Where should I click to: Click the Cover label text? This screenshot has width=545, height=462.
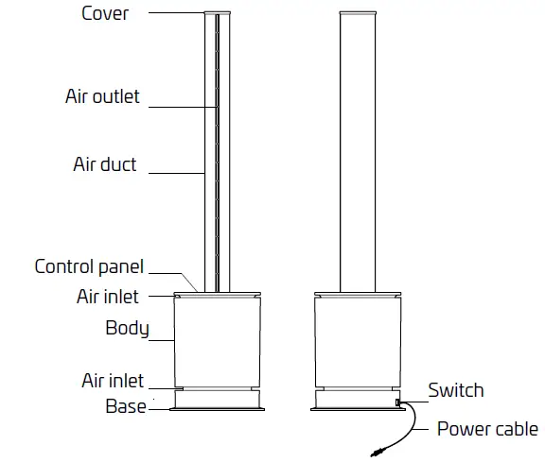coord(106,13)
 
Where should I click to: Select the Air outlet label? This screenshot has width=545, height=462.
coord(102,96)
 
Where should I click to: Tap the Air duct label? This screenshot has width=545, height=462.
coord(105,164)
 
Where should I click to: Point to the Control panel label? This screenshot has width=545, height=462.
coord(89,266)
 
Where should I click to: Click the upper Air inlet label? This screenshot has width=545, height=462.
coord(108,297)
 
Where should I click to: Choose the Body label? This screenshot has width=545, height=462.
coord(127,329)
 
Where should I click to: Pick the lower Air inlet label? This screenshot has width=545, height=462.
coord(113,381)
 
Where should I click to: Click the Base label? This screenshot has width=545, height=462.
coord(125,406)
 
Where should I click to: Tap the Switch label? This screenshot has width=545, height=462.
coord(455,390)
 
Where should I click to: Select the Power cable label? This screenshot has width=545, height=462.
coord(487,429)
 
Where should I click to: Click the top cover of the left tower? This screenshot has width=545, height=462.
coord(217,14)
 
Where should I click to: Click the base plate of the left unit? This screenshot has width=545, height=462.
coord(217,408)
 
